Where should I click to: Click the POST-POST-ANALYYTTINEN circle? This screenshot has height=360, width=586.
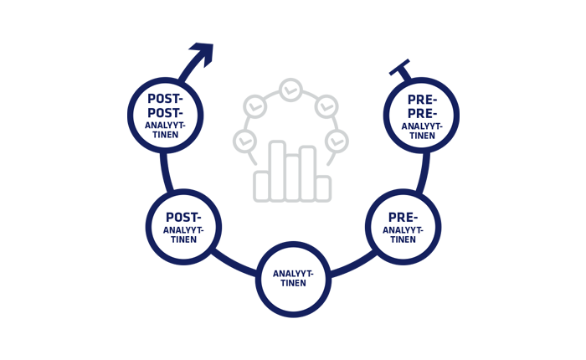pos(166,115)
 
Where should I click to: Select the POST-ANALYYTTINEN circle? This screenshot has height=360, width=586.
pos(182,227)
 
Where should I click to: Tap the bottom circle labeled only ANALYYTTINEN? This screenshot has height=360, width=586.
pos(293,279)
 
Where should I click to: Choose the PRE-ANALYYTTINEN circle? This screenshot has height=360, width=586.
pos(403,227)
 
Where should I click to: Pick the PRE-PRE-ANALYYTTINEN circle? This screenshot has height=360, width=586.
pos(421,115)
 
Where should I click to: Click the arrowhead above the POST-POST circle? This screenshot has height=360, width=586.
pos(203,54)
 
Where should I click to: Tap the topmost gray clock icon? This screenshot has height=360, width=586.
pos(290,89)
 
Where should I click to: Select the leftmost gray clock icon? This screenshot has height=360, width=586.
pos(244,141)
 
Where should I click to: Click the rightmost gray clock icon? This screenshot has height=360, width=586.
pos(337,141)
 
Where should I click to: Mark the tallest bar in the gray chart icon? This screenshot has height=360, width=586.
pos(277,172)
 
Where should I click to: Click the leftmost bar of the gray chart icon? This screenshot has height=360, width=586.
pos(262,186)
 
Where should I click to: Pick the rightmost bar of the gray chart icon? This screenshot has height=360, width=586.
pos(322,188)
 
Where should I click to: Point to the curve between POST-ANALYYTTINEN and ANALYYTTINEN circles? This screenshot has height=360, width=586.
pos(234,263)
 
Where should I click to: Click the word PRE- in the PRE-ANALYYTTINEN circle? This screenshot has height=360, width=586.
pos(403,217)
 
